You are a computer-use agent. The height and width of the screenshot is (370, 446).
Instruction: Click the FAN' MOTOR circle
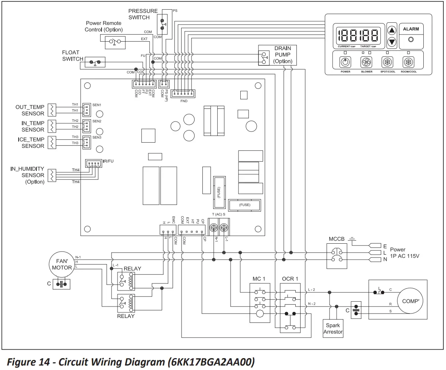click(62, 264)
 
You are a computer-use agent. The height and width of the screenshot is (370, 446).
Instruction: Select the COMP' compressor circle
click(410, 301)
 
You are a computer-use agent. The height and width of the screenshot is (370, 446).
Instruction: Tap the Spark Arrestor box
click(333, 328)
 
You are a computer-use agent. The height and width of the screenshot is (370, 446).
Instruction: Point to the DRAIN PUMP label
click(283, 55)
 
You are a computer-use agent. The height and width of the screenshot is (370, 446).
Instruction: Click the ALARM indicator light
click(411, 39)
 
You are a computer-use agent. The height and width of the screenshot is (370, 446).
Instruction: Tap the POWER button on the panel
click(345, 62)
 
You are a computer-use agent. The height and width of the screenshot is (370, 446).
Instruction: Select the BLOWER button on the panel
click(366, 62)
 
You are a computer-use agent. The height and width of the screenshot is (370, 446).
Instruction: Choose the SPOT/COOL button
click(388, 62)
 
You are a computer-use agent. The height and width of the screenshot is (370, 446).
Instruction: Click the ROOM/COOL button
click(408, 62)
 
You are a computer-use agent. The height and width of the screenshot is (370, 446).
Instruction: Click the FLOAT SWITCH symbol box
click(95, 62)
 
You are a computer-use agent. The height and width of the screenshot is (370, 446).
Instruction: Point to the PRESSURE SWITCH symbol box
click(163, 23)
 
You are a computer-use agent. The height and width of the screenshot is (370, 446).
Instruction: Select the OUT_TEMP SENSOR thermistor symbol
click(52, 110)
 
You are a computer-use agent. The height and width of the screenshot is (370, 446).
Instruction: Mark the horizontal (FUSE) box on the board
click(245, 205)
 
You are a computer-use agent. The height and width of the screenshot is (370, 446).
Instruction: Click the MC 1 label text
click(259, 279)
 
